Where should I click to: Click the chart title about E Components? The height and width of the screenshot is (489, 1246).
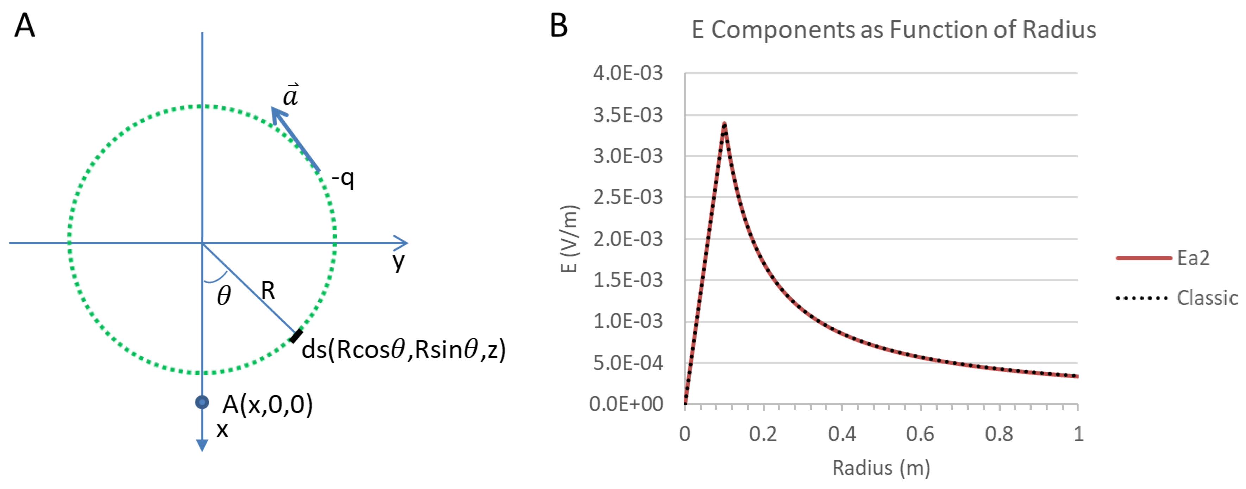pyautogui.click(x=893, y=30)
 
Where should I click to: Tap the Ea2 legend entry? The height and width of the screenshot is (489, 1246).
pyautogui.click(x=1193, y=258)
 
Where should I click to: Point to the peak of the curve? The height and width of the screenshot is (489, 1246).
pyautogui.click(x=724, y=124)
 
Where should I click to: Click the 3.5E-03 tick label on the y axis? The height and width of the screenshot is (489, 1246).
pyautogui.click(x=627, y=115)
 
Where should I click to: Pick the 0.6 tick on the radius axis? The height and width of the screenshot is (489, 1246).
pyautogui.click(x=920, y=434)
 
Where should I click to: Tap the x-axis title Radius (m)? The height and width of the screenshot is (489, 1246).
pyautogui.click(x=881, y=468)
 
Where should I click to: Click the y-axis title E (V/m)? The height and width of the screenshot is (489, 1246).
pyautogui.click(x=569, y=239)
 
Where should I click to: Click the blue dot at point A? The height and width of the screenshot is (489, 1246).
pyautogui.click(x=202, y=402)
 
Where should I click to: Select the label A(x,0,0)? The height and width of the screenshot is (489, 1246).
pyautogui.click(x=268, y=405)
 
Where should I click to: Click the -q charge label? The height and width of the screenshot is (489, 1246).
pyautogui.click(x=343, y=179)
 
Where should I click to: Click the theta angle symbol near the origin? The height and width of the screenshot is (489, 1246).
pyautogui.click(x=224, y=296)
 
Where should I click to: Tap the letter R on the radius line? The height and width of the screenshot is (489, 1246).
pyautogui.click(x=268, y=291)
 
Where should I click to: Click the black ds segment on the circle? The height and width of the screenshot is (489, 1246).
pyautogui.click(x=296, y=336)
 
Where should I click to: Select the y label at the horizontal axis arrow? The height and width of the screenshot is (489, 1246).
pyautogui.click(x=398, y=262)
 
